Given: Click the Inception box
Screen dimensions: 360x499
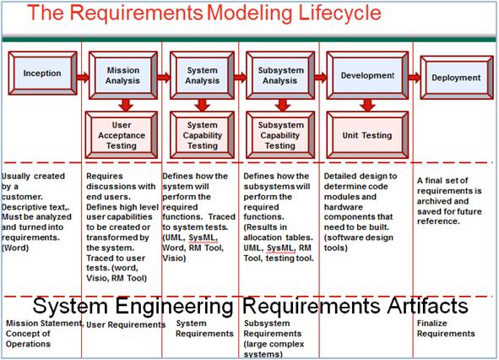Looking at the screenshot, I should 41,74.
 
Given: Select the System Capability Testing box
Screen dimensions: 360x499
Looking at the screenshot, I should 202,134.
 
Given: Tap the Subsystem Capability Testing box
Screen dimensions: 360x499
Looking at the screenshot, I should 280,134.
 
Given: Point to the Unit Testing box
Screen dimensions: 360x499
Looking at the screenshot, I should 366,134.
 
